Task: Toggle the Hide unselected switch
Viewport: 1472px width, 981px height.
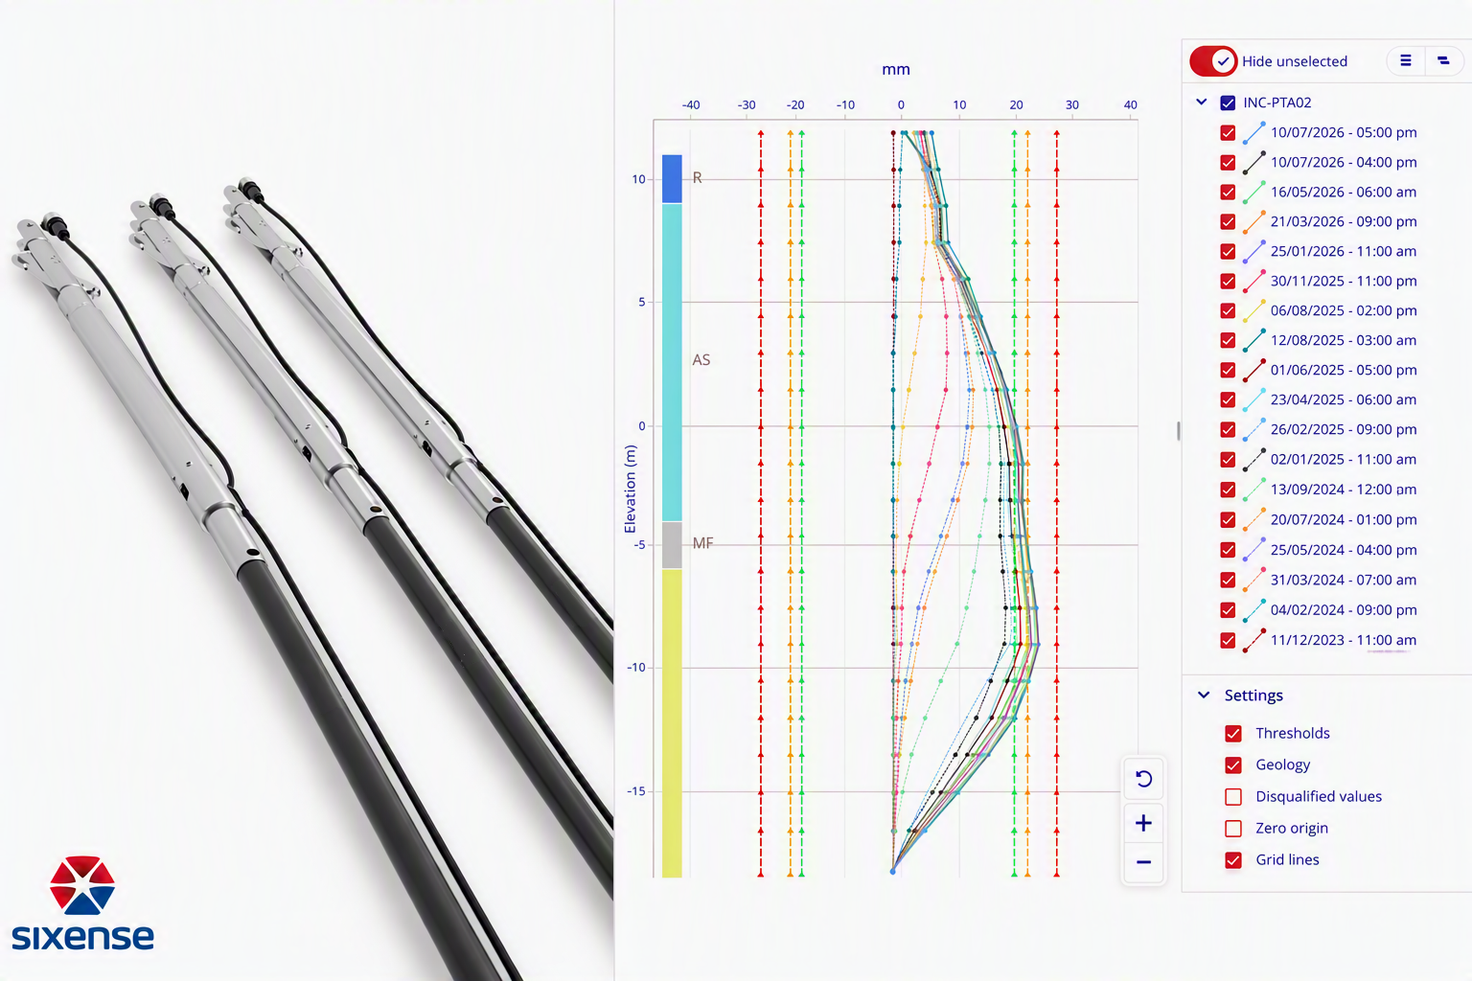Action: (x=1213, y=61)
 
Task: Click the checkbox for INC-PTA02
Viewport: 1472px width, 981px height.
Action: (x=1228, y=103)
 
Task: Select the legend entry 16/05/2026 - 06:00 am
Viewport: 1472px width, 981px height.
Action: (x=1344, y=192)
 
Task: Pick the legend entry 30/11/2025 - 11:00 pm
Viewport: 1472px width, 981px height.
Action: (x=1344, y=282)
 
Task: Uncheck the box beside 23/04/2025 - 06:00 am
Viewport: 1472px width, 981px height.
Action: (x=1228, y=399)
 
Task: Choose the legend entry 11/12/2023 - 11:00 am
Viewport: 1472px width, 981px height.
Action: (x=1344, y=640)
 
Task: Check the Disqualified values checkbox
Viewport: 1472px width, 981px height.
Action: (x=1233, y=796)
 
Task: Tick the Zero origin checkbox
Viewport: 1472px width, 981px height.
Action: (x=1233, y=828)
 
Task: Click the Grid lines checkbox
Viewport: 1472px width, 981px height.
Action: (x=1233, y=859)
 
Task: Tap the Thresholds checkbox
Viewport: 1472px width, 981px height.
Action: (x=1233, y=733)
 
